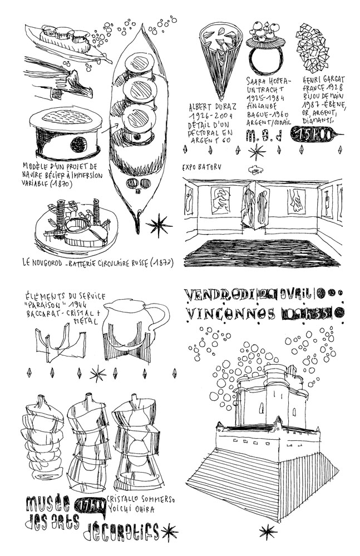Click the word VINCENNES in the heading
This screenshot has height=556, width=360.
(230, 314)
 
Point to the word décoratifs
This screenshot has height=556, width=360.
(121, 532)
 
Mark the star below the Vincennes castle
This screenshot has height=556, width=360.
(268, 530)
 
